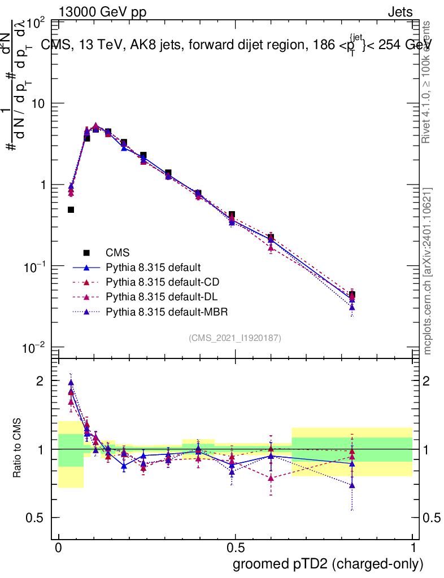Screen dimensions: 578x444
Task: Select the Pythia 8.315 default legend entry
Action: tap(153, 267)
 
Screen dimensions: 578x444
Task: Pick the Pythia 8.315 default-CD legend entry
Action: tap(160, 282)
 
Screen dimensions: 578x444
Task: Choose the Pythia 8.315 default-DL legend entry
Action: tap(159, 296)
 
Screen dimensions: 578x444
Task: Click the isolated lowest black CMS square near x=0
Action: tap(71, 209)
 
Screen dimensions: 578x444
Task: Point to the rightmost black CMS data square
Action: tap(352, 295)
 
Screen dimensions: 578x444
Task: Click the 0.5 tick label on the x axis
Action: tap(236, 548)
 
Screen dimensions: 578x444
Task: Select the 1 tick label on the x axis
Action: tap(413, 548)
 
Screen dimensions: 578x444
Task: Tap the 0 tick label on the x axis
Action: tap(59, 548)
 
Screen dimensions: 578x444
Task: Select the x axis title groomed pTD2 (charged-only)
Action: tap(328, 564)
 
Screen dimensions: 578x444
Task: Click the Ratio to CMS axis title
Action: tap(18, 449)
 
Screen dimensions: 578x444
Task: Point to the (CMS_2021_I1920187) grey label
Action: tap(235, 338)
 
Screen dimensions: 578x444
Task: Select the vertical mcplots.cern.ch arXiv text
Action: tap(428, 271)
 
